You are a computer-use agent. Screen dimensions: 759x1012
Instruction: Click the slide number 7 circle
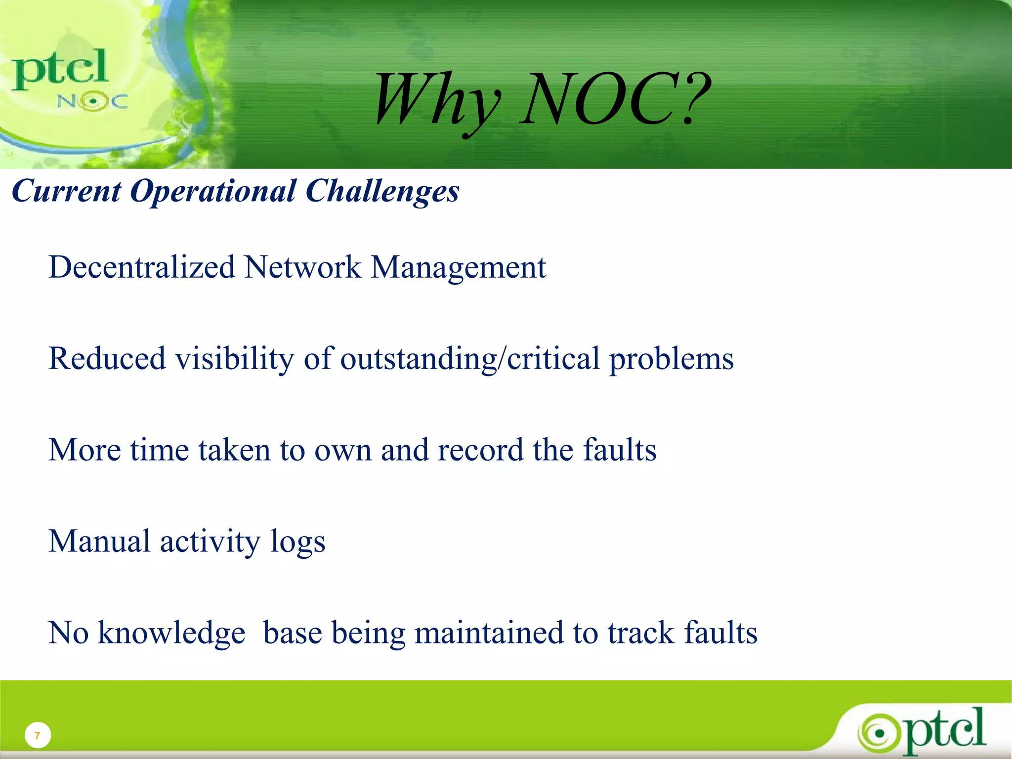pyautogui.click(x=38, y=736)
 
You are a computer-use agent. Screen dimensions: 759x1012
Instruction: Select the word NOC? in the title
pyautogui.click(x=615, y=98)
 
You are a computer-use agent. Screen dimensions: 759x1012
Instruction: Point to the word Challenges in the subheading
pyautogui.click(x=382, y=191)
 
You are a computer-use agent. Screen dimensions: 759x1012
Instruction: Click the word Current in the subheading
pyautogui.click(x=66, y=191)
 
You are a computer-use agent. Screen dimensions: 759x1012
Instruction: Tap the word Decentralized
pyautogui.click(x=142, y=267)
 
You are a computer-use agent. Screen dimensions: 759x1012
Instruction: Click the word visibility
pyautogui.click(x=235, y=358)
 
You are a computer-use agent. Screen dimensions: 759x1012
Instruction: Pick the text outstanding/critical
pyautogui.click(x=469, y=359)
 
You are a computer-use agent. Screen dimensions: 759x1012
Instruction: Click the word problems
pyautogui.click(x=671, y=359)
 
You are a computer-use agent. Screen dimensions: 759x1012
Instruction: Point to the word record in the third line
pyautogui.click(x=480, y=450)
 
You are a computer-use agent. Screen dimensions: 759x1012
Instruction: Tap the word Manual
pyautogui.click(x=99, y=541)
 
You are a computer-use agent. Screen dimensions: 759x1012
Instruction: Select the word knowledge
pyautogui.click(x=171, y=633)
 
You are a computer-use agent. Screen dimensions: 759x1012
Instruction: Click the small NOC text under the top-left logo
pyautogui.click(x=92, y=102)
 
